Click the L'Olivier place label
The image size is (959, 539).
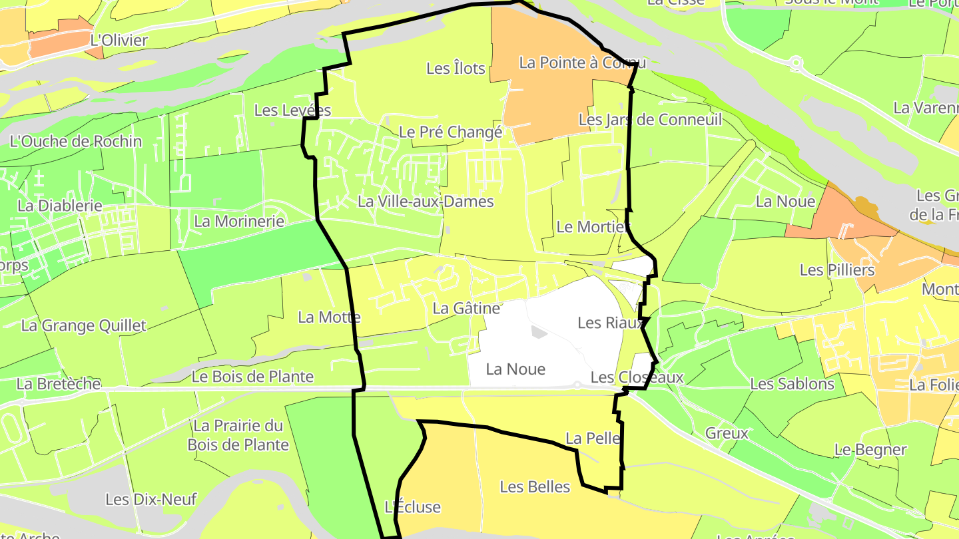(x=119, y=41)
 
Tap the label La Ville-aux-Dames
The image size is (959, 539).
(x=426, y=201)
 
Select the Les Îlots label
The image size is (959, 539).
(x=456, y=68)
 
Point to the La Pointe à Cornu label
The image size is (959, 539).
(x=582, y=63)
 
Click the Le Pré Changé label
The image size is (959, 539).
(x=450, y=132)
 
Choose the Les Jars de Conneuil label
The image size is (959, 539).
(x=650, y=120)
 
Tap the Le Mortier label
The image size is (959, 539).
(x=593, y=227)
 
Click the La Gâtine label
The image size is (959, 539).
(x=466, y=308)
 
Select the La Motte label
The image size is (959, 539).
(x=329, y=317)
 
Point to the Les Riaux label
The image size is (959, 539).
(x=611, y=323)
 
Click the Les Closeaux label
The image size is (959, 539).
(x=637, y=377)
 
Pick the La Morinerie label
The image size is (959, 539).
(x=239, y=221)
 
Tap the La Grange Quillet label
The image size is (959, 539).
(x=83, y=325)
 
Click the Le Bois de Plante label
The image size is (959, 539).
(x=252, y=377)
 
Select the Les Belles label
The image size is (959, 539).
(x=535, y=486)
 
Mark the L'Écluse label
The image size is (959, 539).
(x=413, y=507)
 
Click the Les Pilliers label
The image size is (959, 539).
(x=837, y=269)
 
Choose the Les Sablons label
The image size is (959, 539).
(x=792, y=384)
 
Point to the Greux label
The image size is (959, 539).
(x=727, y=433)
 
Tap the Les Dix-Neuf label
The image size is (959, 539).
(x=151, y=498)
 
